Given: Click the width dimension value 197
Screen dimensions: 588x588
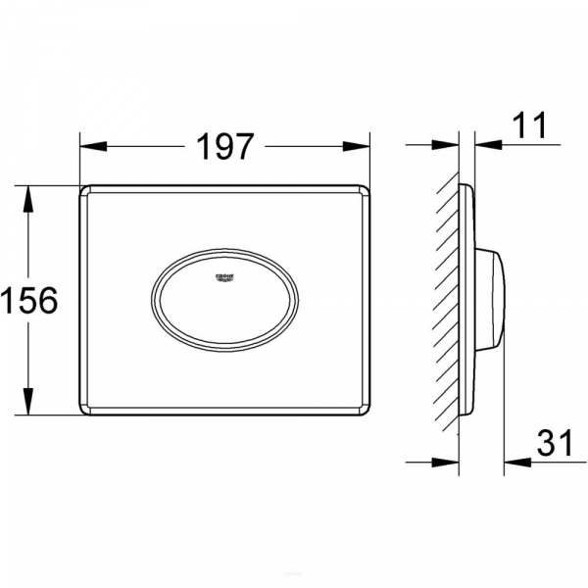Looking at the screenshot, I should click(x=225, y=147).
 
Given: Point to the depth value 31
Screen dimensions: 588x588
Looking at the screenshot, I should click(x=555, y=445).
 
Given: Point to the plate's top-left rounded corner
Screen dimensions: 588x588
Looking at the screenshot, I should click(x=84, y=189).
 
